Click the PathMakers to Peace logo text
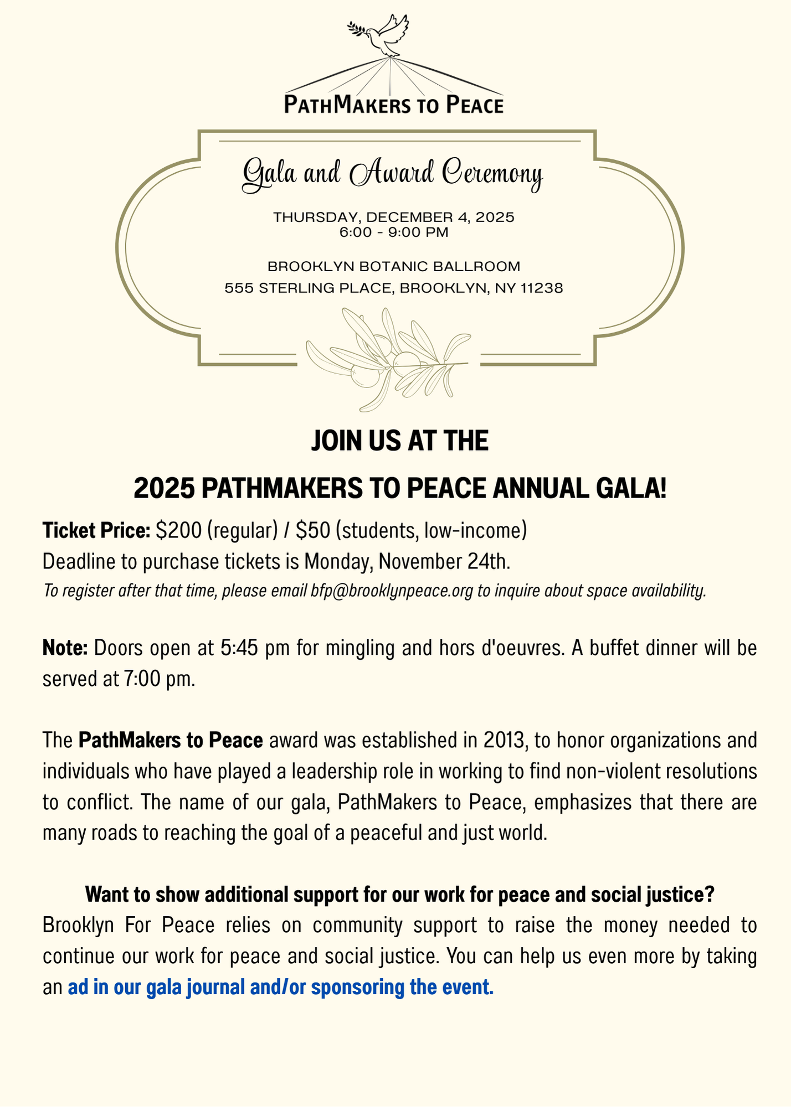pos(394,105)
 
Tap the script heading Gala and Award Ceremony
pos(393,174)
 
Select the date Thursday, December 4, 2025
pos(394,217)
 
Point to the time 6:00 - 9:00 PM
pos(394,233)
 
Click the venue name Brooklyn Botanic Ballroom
pos(394,267)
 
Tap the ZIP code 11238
pos(542,288)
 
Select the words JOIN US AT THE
pos(399,442)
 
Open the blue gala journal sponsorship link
pos(280,987)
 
